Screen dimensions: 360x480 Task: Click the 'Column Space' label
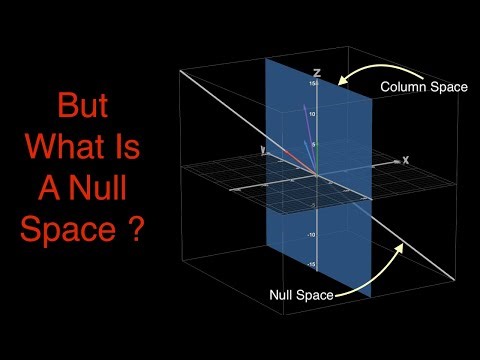pos(423,87)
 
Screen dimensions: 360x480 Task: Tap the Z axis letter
pos(315,73)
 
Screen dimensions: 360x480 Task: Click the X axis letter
pos(405,159)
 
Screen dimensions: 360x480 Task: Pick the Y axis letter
pos(262,150)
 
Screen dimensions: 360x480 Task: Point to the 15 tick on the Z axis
pos(312,84)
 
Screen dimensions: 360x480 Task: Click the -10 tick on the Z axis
pos(311,236)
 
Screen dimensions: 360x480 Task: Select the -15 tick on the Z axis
pos(311,265)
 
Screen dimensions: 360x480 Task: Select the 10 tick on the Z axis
pos(312,114)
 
